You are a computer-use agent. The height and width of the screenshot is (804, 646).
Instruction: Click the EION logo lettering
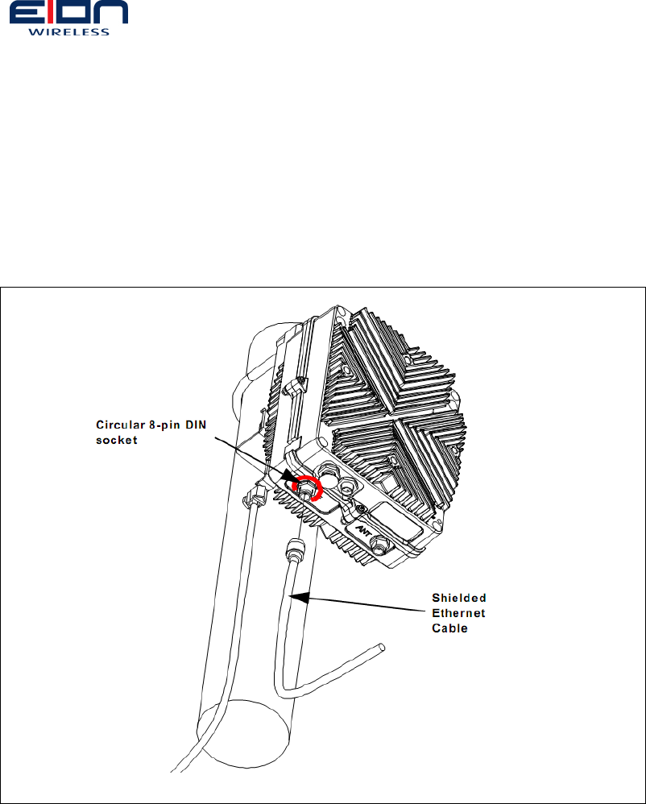(68, 15)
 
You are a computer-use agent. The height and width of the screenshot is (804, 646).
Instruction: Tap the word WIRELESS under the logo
(68, 33)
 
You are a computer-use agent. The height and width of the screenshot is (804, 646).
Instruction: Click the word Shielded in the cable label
(459, 598)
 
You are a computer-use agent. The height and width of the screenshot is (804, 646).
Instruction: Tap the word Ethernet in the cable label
(459, 613)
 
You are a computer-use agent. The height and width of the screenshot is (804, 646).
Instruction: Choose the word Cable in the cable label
(450, 628)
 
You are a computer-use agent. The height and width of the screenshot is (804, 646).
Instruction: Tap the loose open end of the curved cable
(382, 645)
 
